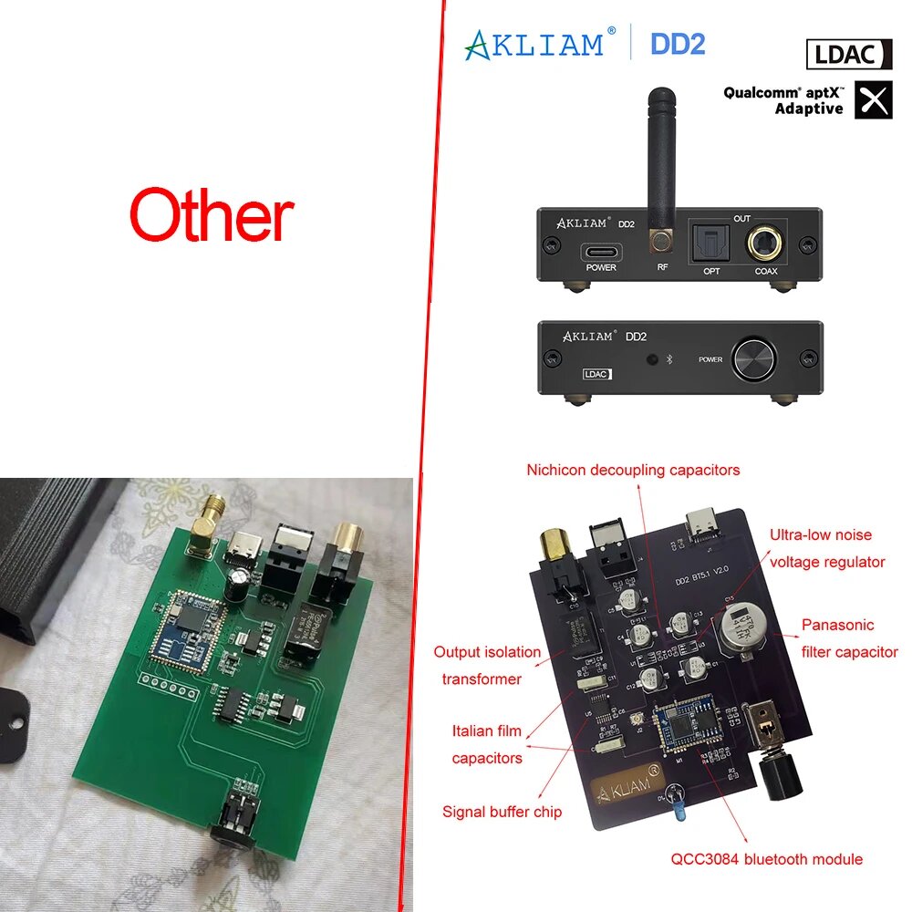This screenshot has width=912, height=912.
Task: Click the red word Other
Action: [x=212, y=216]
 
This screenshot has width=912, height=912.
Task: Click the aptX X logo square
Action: [x=874, y=100]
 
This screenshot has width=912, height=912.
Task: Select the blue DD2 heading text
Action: [x=677, y=44]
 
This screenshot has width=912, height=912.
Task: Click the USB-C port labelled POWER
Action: [x=601, y=251]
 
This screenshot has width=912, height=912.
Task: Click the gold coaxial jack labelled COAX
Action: [x=765, y=244]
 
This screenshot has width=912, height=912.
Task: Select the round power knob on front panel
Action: [x=755, y=358]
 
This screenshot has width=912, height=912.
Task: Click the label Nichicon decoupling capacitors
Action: [x=633, y=471]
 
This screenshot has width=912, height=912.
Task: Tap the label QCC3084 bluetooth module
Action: [x=766, y=858]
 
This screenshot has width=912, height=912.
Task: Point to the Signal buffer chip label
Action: [x=502, y=811]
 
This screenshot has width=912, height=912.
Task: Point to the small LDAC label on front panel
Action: [x=597, y=374]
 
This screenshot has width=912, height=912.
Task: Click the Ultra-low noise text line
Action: [x=821, y=535]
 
